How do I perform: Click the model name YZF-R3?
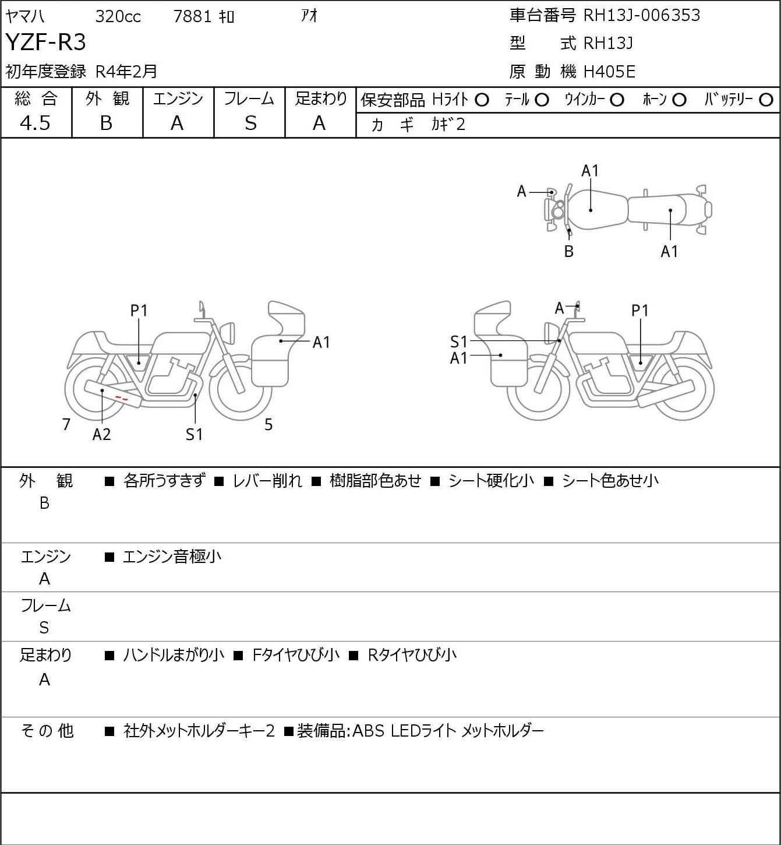tap(46, 43)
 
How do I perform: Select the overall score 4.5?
tap(35, 123)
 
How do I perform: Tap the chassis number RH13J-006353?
tap(642, 15)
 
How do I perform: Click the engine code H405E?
tap(609, 72)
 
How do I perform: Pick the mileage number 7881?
tap(193, 16)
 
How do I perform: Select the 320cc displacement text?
tap(118, 16)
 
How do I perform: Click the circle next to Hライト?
tap(482, 100)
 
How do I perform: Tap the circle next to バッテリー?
tap(766, 100)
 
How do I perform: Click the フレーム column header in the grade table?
tap(249, 98)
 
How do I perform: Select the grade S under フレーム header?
tap(250, 123)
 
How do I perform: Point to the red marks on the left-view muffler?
tap(122, 398)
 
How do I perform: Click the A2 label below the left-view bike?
tap(101, 434)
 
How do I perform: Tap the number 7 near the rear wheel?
tap(66, 424)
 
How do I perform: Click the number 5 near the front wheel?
tap(268, 424)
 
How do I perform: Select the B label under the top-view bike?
tap(569, 251)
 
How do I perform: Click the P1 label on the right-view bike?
tap(639, 311)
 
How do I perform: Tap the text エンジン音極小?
tap(172, 557)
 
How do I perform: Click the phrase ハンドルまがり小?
tap(174, 655)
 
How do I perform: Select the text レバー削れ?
tap(267, 481)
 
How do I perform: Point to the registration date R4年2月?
tap(126, 71)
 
